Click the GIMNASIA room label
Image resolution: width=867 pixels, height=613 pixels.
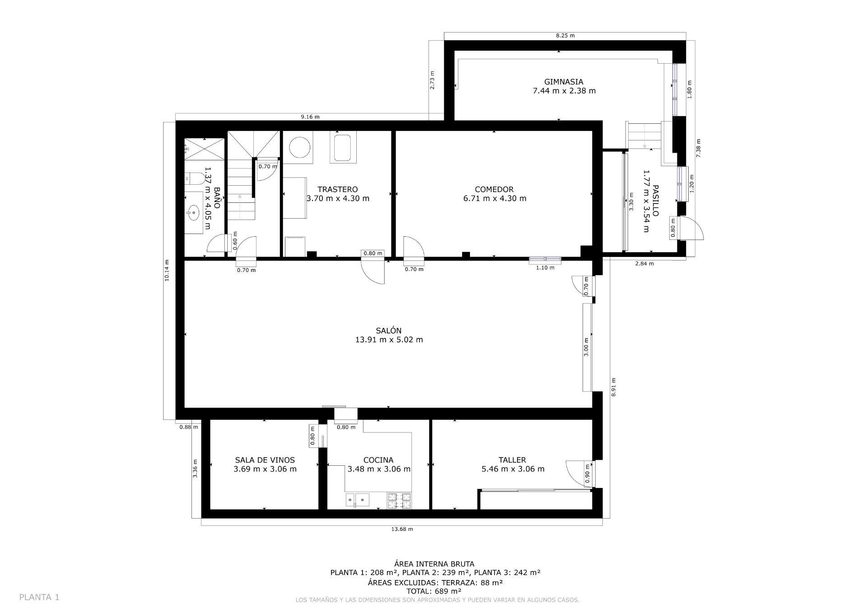tap(564, 82)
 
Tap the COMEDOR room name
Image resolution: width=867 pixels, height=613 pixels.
tap(494, 189)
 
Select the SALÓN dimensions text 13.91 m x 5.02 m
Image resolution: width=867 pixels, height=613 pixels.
tap(389, 340)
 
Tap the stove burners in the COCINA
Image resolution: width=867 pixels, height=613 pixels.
tap(399, 501)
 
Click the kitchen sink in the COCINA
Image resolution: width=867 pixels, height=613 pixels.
tap(358, 500)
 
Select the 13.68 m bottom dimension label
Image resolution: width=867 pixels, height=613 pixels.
tap(402, 529)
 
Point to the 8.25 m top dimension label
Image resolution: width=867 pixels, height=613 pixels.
tap(565, 35)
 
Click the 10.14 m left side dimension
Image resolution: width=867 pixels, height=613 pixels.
tap(167, 271)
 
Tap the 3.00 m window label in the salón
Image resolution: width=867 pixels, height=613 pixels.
tap(586, 347)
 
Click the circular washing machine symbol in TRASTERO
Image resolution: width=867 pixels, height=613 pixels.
tap(299, 148)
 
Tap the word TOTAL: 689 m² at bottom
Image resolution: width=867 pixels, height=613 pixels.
tap(433, 591)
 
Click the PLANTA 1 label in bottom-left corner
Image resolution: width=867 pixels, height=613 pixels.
tap(39, 597)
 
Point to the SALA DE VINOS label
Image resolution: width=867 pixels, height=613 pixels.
tap(265, 460)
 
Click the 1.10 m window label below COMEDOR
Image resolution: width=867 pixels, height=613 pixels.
tap(545, 267)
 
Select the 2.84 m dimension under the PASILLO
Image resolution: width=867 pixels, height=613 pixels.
tap(644, 263)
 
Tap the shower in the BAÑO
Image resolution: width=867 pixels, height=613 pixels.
tap(204, 149)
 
